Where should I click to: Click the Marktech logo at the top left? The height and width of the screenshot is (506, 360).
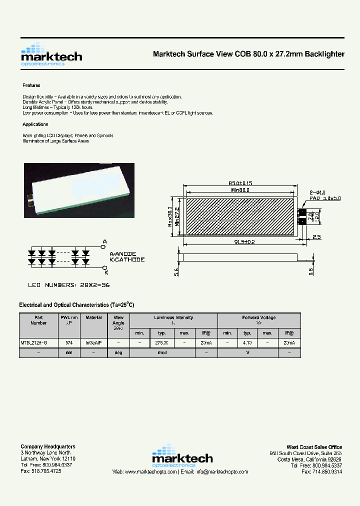pyautogui.click(x=51, y=54)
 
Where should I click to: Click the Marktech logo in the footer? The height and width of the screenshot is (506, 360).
pyautogui.click(x=182, y=456)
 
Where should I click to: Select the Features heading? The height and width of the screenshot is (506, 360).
pyautogui.click(x=31, y=85)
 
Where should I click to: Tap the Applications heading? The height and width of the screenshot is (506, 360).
pyautogui.click(x=35, y=124)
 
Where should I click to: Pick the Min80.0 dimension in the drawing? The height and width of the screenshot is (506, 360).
pyautogui.click(x=240, y=190)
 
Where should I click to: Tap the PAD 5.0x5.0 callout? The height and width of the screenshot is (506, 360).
pyautogui.click(x=325, y=198)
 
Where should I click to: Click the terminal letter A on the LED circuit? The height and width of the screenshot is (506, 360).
pyautogui.click(x=104, y=241)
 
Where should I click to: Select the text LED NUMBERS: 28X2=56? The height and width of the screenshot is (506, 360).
pyautogui.click(x=69, y=285)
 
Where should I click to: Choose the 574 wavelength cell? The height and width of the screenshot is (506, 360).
pyautogui.click(x=69, y=342)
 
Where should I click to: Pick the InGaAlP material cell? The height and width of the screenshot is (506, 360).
pyautogui.click(x=93, y=342)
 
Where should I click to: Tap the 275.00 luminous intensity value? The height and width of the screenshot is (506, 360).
pyautogui.click(x=162, y=342)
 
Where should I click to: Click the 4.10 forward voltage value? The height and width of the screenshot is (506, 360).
pyautogui.click(x=247, y=342)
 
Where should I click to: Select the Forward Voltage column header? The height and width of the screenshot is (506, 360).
pyautogui.click(x=259, y=317)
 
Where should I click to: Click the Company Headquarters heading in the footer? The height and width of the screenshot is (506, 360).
pyautogui.click(x=48, y=447)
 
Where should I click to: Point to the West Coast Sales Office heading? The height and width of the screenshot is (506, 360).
pyautogui.click(x=314, y=447)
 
